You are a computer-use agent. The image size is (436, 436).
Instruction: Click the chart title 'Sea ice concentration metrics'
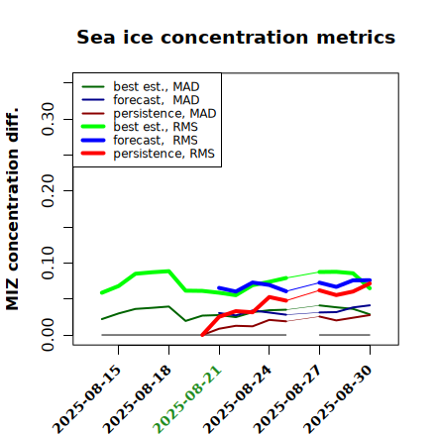[x=236, y=37]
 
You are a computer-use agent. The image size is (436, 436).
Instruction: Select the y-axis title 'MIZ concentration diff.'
[x=12, y=209]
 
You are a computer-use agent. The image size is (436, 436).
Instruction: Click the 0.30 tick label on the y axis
[x=49, y=119]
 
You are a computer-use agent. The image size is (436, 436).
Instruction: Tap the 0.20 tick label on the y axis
[x=49, y=191]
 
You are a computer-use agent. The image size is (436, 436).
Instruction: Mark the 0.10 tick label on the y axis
[x=49, y=263]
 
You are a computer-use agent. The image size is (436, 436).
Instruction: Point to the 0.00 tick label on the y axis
[x=49, y=335]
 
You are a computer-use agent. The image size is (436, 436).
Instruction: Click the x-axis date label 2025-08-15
[x=87, y=399]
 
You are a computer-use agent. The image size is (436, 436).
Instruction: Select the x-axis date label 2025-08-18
[x=138, y=399]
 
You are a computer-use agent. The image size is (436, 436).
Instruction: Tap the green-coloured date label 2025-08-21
[x=188, y=399]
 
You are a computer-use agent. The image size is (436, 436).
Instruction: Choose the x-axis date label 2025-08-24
[x=238, y=399]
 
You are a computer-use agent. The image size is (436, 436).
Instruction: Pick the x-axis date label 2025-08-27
[x=288, y=399]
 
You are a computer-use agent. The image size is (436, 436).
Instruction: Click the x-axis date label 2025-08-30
[x=339, y=399]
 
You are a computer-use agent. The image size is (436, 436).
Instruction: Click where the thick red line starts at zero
[x=202, y=335]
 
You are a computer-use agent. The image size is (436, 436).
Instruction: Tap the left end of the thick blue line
[x=219, y=287]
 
